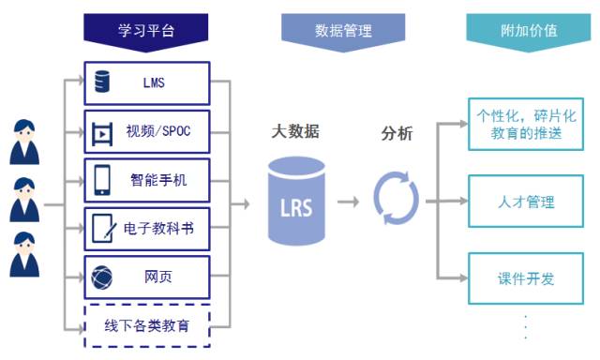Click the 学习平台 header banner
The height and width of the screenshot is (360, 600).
pos(146,32)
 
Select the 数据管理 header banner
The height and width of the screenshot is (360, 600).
pos(343,32)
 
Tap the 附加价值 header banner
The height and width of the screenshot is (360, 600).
pos(529,32)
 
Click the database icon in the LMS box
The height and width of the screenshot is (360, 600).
pos(102,82)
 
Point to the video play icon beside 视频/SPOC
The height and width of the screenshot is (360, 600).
pos(102,134)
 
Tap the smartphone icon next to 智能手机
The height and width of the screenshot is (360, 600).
pos(102,180)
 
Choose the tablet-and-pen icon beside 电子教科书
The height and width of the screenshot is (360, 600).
pos(104,228)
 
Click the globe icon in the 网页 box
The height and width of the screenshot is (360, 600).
pos(102,277)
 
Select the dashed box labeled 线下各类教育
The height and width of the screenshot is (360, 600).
pos(147,325)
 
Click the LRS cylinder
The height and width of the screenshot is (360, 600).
pos(296,201)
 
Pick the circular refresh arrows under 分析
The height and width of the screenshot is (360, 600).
pos(396,198)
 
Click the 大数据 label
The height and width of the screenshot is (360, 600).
pos(295,131)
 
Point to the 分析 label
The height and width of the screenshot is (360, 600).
pos(397,133)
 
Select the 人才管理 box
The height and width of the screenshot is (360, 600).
pos(526,202)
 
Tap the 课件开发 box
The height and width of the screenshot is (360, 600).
pos(526,278)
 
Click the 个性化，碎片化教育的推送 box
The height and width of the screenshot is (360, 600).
pos(526,124)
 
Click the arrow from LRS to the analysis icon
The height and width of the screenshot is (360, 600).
pos(348,202)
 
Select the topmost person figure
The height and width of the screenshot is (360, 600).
pos(24,142)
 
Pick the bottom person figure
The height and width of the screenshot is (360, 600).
pos(24,254)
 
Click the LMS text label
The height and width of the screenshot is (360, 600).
pos(154,82)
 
